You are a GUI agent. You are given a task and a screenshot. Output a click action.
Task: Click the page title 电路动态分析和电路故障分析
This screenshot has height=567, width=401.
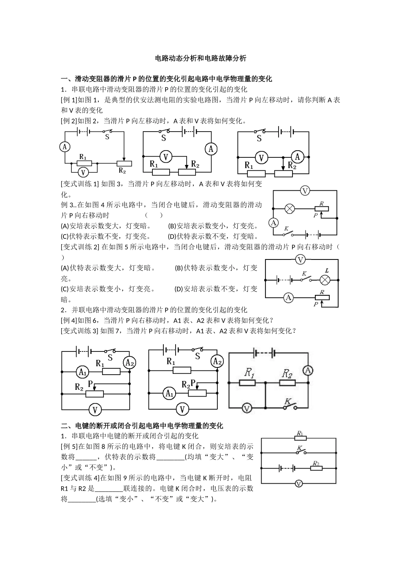tap(200, 58)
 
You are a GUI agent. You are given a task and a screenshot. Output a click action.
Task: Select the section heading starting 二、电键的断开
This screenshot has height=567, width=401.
tap(142, 426)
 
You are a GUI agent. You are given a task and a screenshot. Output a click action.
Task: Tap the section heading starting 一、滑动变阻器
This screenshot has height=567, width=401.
tap(166, 79)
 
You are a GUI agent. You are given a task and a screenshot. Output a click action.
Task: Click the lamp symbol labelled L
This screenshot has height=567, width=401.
tap(325, 279)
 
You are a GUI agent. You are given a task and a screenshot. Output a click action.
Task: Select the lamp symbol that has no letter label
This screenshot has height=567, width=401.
tap(290, 208)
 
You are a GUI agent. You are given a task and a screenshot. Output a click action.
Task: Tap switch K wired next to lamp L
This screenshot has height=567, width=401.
tap(305, 278)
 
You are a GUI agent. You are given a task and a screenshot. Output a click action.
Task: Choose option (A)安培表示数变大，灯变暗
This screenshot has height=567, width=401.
tap(106, 226)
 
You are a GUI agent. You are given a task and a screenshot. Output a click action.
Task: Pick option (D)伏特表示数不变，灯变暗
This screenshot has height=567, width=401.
tap(213, 236)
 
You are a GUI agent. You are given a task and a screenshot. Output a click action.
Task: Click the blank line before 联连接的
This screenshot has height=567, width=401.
tap(109, 489)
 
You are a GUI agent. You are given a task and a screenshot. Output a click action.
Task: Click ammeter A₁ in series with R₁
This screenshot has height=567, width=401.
tap(82, 372)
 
